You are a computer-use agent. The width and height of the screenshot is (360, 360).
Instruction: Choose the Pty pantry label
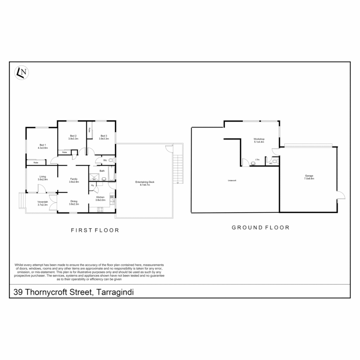[x=92, y=185]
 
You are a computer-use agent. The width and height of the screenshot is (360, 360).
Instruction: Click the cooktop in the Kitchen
[x=100, y=209]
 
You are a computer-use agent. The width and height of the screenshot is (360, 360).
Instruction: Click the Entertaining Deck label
[x=145, y=182]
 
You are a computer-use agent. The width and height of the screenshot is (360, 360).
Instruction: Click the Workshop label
[x=259, y=139]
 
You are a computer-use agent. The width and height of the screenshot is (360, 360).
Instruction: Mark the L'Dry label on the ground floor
[x=257, y=160]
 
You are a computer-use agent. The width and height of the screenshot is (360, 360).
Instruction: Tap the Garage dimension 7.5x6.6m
[x=309, y=179]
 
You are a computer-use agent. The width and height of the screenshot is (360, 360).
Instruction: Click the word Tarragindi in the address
[x=115, y=292]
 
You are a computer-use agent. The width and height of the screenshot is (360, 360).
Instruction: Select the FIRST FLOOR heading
[x=95, y=230]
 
